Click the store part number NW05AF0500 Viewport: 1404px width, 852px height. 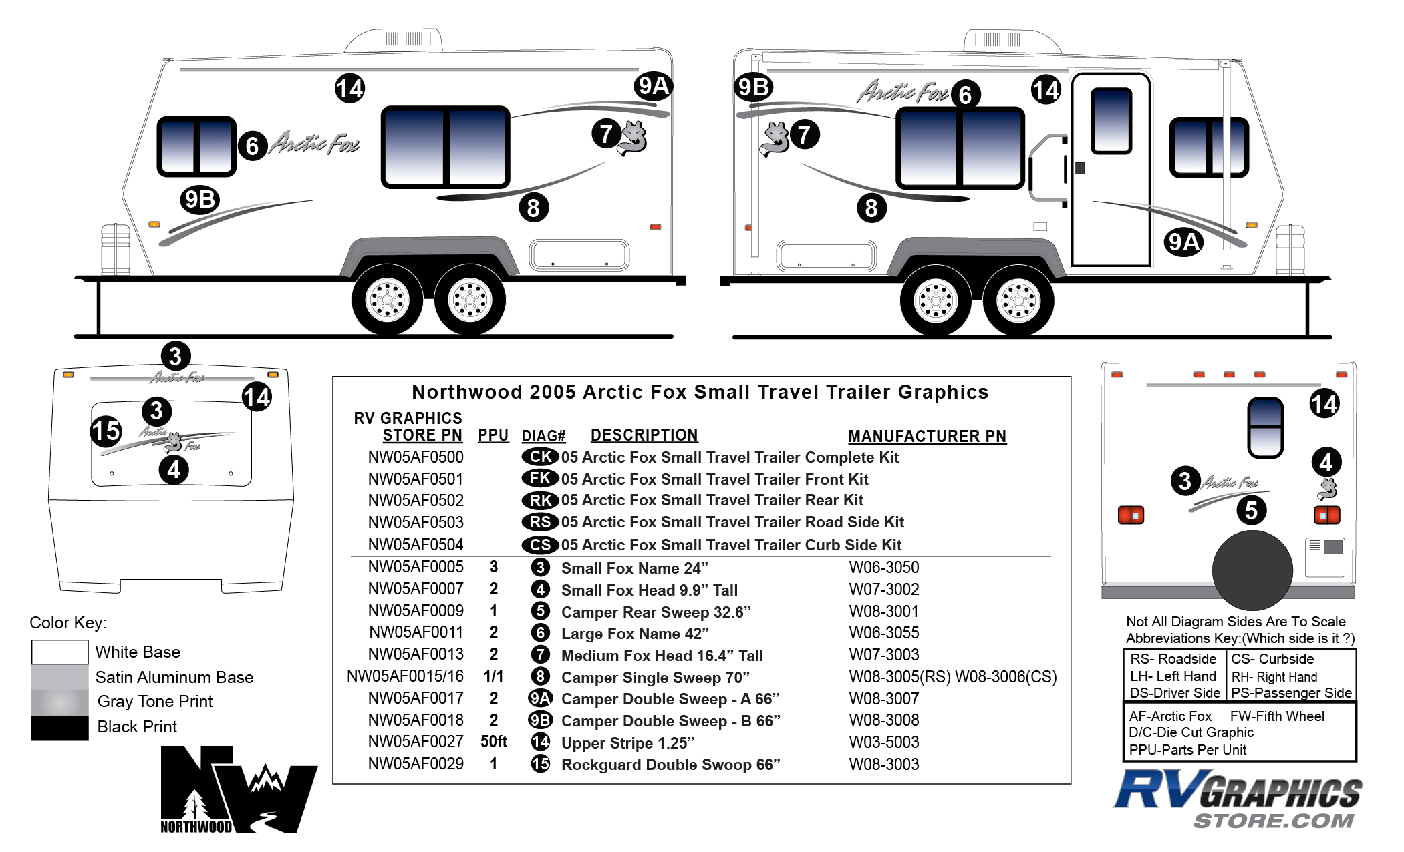(416, 457)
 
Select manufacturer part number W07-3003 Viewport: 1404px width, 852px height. (884, 655)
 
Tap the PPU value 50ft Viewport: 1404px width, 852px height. (494, 742)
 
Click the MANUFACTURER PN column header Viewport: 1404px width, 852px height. (927, 436)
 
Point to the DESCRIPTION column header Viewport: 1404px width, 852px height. (644, 435)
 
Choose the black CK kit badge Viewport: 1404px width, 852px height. (540, 457)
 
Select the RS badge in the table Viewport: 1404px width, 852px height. (540, 522)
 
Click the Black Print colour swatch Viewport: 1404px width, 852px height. (59, 728)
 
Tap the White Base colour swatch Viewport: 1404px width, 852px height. (59, 652)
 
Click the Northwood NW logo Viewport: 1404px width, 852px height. (239, 789)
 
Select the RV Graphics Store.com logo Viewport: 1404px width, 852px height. (1238, 799)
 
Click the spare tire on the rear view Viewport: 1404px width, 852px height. (1252, 570)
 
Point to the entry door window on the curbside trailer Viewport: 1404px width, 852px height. (1111, 121)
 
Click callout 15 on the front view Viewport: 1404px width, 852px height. (106, 431)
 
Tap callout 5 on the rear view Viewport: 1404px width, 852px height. (1251, 511)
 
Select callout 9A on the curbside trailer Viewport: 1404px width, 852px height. (1183, 242)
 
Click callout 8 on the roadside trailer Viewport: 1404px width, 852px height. (533, 208)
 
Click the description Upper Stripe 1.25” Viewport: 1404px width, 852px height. (627, 743)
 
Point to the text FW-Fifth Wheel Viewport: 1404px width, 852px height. (1277, 716)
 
